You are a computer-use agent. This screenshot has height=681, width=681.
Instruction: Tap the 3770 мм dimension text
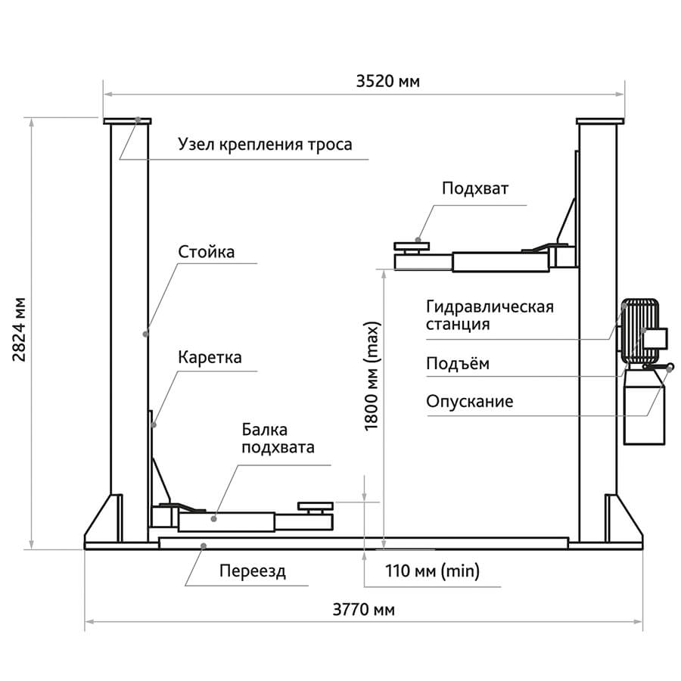pyautogui.click(x=362, y=610)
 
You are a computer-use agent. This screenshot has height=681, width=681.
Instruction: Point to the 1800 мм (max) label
pyautogui.click(x=372, y=376)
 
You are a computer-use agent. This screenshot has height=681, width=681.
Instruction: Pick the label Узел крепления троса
pyautogui.click(x=265, y=144)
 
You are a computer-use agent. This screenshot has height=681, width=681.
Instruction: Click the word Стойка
pyautogui.click(x=206, y=252)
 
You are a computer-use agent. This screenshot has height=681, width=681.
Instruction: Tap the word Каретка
pyautogui.click(x=210, y=357)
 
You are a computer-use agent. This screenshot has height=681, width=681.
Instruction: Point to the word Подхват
pyautogui.click(x=477, y=188)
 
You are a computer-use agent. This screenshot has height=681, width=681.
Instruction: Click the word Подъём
pyautogui.click(x=457, y=364)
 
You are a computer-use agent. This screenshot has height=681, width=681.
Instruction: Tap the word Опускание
pyautogui.click(x=469, y=401)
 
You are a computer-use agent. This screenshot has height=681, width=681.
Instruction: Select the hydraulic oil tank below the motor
pyautogui.click(x=643, y=408)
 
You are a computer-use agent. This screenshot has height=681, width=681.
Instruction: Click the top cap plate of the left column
pyautogui.click(x=128, y=120)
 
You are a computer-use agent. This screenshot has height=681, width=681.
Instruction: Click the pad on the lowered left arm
pyautogui.click(x=315, y=506)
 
